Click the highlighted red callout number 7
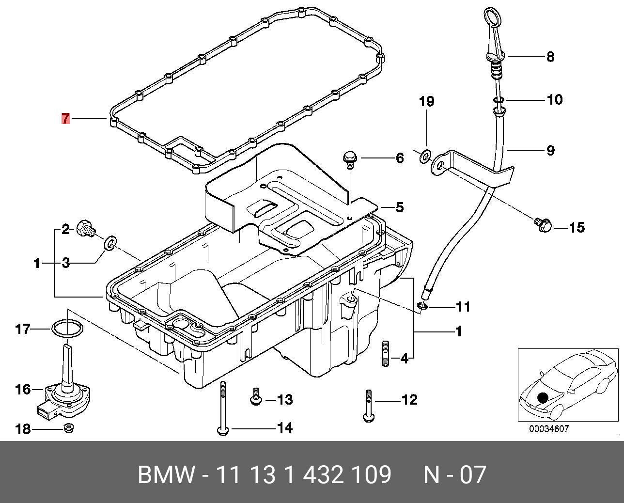coord(65,118)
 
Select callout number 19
coord(426,102)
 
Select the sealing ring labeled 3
coord(111,242)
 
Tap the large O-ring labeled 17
coord(66,329)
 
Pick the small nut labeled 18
coord(69,428)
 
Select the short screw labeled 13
coord(255,397)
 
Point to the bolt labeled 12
coord(368,405)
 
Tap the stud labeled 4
coord(386,354)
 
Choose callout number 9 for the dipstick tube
coord(550,151)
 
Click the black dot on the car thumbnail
coord(543,397)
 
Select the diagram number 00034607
coord(548,429)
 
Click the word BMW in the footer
coord(167,475)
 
